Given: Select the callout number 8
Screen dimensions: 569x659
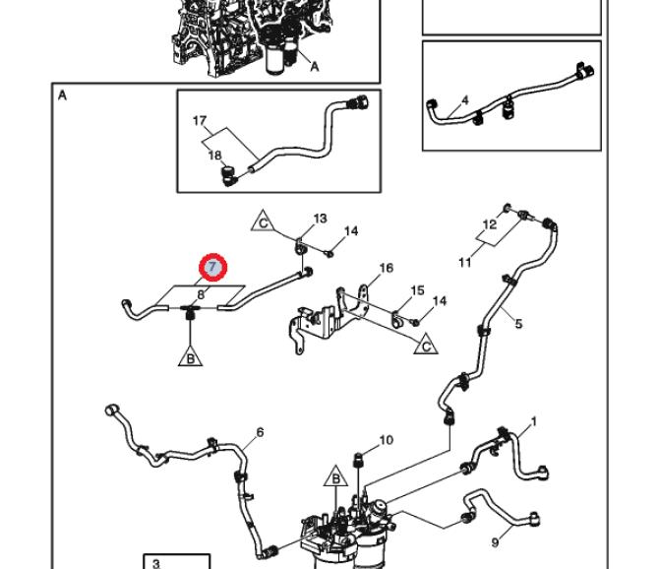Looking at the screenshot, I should pos(201,293).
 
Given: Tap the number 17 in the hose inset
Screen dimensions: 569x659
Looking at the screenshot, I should pos(200,122).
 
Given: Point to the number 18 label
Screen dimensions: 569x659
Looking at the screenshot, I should pos(213,155).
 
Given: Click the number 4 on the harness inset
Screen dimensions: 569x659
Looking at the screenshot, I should pos(465,100).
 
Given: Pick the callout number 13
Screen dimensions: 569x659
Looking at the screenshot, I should pos(320,219).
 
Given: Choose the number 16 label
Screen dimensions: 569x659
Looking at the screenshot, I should pos(386,268).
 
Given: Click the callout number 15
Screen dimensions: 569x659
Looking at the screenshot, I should pos(417,290).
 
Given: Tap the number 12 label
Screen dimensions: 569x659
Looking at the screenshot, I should pos(489,225).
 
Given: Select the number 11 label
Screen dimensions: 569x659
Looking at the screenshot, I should pos(465,262).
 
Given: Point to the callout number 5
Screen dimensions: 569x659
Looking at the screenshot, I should pos(518,324).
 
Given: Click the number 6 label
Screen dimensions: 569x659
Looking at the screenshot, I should pos(260,432).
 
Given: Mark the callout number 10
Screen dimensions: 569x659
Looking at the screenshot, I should pos(386,440).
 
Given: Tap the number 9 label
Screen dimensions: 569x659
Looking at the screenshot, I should pos(495,542).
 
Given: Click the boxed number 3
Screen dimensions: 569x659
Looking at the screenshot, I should pos(156,563).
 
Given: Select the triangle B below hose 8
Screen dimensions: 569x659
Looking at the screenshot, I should pos(190,357).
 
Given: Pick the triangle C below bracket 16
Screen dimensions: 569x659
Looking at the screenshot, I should pos(426,345).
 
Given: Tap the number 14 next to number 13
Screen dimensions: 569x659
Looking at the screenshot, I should pos(351,231).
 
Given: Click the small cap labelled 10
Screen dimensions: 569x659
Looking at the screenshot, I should pos(358,459).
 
